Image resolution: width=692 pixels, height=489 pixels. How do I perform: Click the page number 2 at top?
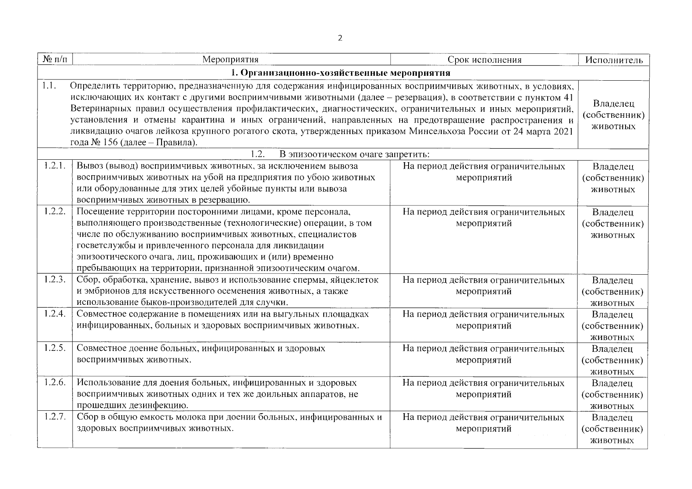click(x=340, y=38)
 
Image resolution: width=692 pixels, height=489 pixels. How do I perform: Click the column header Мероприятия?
click(x=230, y=60)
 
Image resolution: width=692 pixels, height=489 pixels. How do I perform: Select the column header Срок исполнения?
click(x=484, y=60)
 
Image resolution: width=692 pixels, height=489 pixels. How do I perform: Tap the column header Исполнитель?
click(x=614, y=60)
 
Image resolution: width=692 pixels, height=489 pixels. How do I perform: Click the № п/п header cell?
click(x=55, y=60)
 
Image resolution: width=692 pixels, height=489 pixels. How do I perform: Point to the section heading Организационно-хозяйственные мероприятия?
click(x=340, y=73)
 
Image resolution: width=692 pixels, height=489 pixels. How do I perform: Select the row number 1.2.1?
click(x=55, y=166)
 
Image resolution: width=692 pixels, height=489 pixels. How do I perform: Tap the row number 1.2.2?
click(x=55, y=212)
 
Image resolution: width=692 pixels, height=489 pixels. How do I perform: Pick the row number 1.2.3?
click(x=55, y=280)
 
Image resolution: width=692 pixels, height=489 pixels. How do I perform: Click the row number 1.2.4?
click(x=55, y=314)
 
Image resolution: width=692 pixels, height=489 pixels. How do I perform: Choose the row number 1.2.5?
click(x=55, y=348)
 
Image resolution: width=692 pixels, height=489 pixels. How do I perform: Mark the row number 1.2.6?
click(x=55, y=383)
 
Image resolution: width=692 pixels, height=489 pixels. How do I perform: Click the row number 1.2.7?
click(x=55, y=417)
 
